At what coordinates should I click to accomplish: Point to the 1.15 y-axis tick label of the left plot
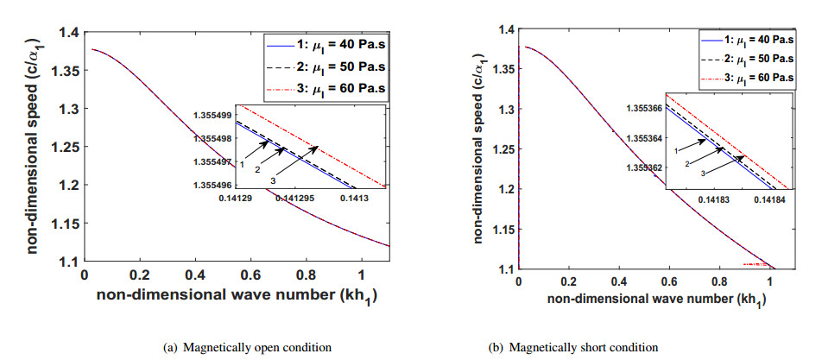pyautogui.click(x=62, y=224)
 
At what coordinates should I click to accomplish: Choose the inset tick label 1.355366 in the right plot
pyautogui.click(x=641, y=109)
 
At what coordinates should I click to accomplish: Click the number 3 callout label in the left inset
pyautogui.click(x=273, y=179)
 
